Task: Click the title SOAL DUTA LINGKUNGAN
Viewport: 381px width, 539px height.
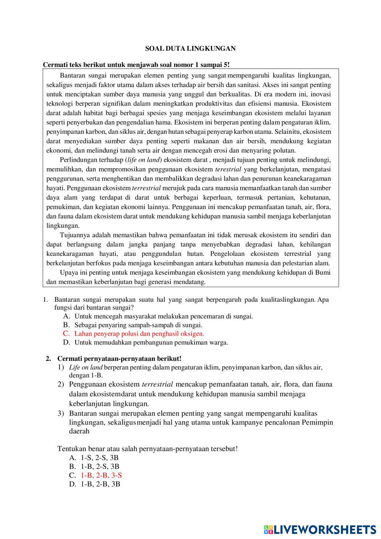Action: [190, 48]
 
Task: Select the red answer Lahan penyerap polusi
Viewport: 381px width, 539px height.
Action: [139, 333]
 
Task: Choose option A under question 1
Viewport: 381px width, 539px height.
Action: [164, 316]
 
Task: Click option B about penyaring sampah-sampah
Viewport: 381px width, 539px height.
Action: [138, 325]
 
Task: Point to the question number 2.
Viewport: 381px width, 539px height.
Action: [48, 359]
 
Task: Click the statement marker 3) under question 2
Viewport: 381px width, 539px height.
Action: [61, 413]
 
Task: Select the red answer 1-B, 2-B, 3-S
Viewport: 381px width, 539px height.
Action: [101, 475]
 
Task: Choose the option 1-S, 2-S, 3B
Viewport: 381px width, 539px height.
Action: [100, 457]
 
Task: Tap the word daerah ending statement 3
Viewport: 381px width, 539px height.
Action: [79, 431]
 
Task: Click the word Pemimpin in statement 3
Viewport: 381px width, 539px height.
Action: [318, 422]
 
